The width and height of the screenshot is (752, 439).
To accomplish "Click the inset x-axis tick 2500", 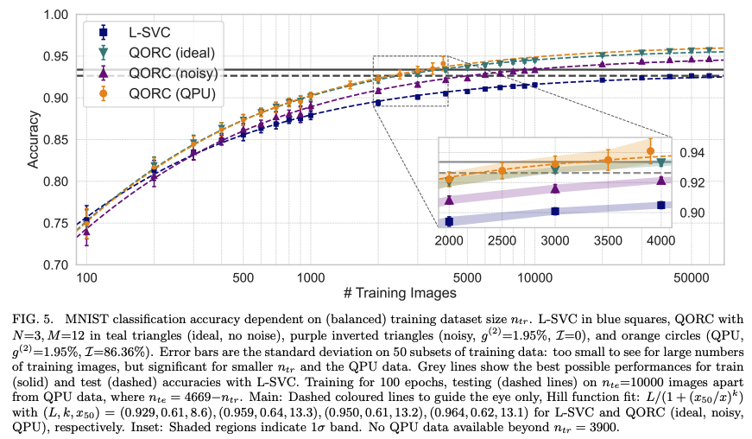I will tap(502, 241).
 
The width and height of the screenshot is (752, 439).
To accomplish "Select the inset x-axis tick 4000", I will tap(661, 241).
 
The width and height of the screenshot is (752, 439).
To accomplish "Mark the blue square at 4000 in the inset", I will tap(661, 205).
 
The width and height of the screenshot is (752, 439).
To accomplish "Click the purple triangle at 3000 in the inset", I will tap(555, 188).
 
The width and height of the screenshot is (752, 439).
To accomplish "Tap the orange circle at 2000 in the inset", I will tap(449, 179).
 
